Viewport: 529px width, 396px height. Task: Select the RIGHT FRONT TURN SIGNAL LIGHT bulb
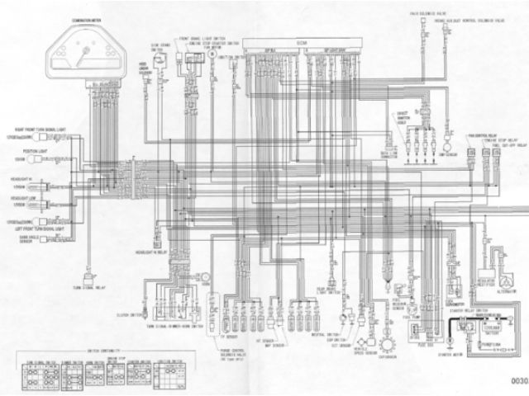40,137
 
